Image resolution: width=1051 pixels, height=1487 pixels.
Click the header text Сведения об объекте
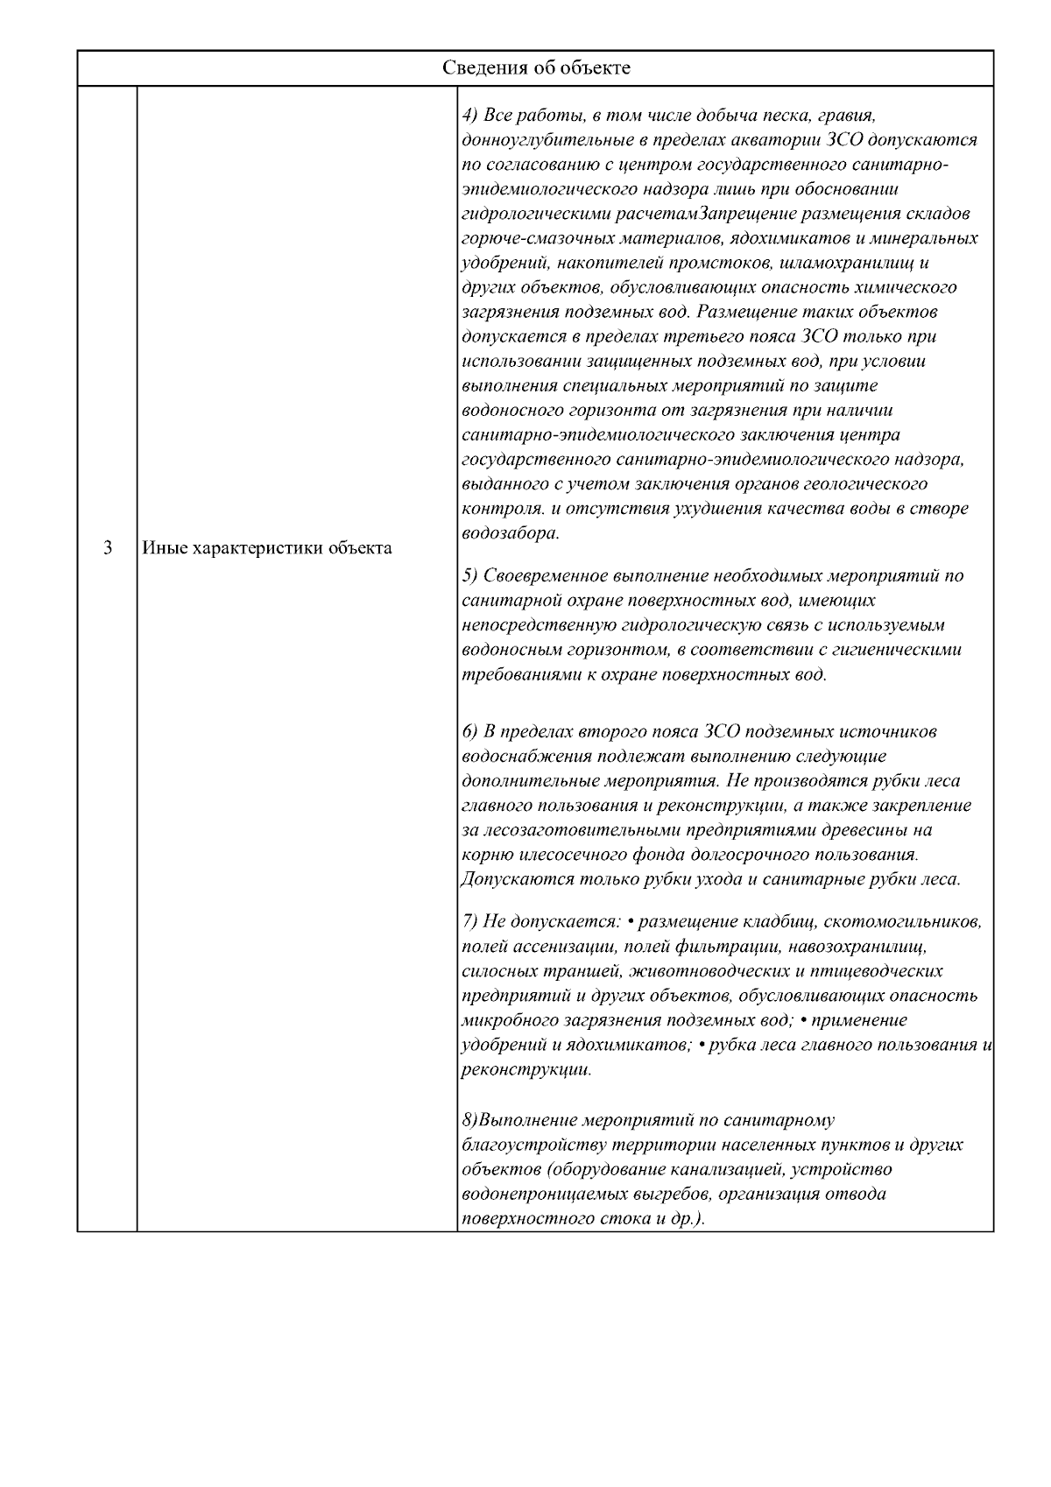click(535, 68)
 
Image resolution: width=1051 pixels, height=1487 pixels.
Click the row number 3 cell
click(107, 549)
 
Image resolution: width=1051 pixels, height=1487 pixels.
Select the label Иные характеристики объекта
click(267, 549)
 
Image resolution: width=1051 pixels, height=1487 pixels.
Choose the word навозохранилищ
click(857, 947)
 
